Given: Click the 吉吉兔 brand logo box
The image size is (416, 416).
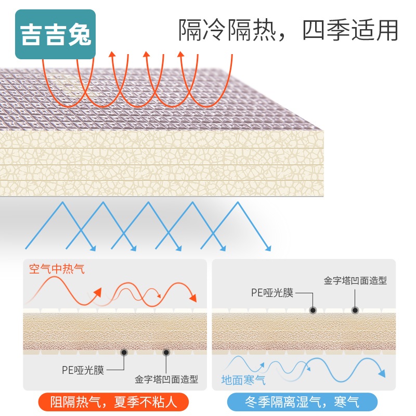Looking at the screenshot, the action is (56, 34).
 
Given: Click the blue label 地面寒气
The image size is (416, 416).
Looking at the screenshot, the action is (243, 380).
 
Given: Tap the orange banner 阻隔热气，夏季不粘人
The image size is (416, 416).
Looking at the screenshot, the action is (112, 401).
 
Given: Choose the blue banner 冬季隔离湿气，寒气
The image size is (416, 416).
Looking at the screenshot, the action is (302, 401).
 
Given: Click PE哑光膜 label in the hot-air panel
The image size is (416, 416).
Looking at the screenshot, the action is (83, 370).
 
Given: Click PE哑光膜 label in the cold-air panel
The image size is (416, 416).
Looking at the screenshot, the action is (272, 292).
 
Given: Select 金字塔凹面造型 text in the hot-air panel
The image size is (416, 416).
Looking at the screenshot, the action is (166, 380).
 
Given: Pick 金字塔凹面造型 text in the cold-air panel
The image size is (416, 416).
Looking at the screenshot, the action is (355, 281).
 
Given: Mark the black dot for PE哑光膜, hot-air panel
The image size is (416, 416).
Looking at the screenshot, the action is (124, 352).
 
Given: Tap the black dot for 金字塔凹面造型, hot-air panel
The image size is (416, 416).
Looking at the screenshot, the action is (166, 352).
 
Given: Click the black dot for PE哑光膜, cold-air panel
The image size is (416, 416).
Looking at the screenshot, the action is (313, 310).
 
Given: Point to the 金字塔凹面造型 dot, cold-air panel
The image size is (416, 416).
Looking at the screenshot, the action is (355, 310).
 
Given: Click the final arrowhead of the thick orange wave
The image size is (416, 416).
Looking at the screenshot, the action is (193, 298).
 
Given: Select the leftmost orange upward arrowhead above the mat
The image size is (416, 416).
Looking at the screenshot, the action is (111, 55).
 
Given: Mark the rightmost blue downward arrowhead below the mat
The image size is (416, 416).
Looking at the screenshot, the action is (269, 246).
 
